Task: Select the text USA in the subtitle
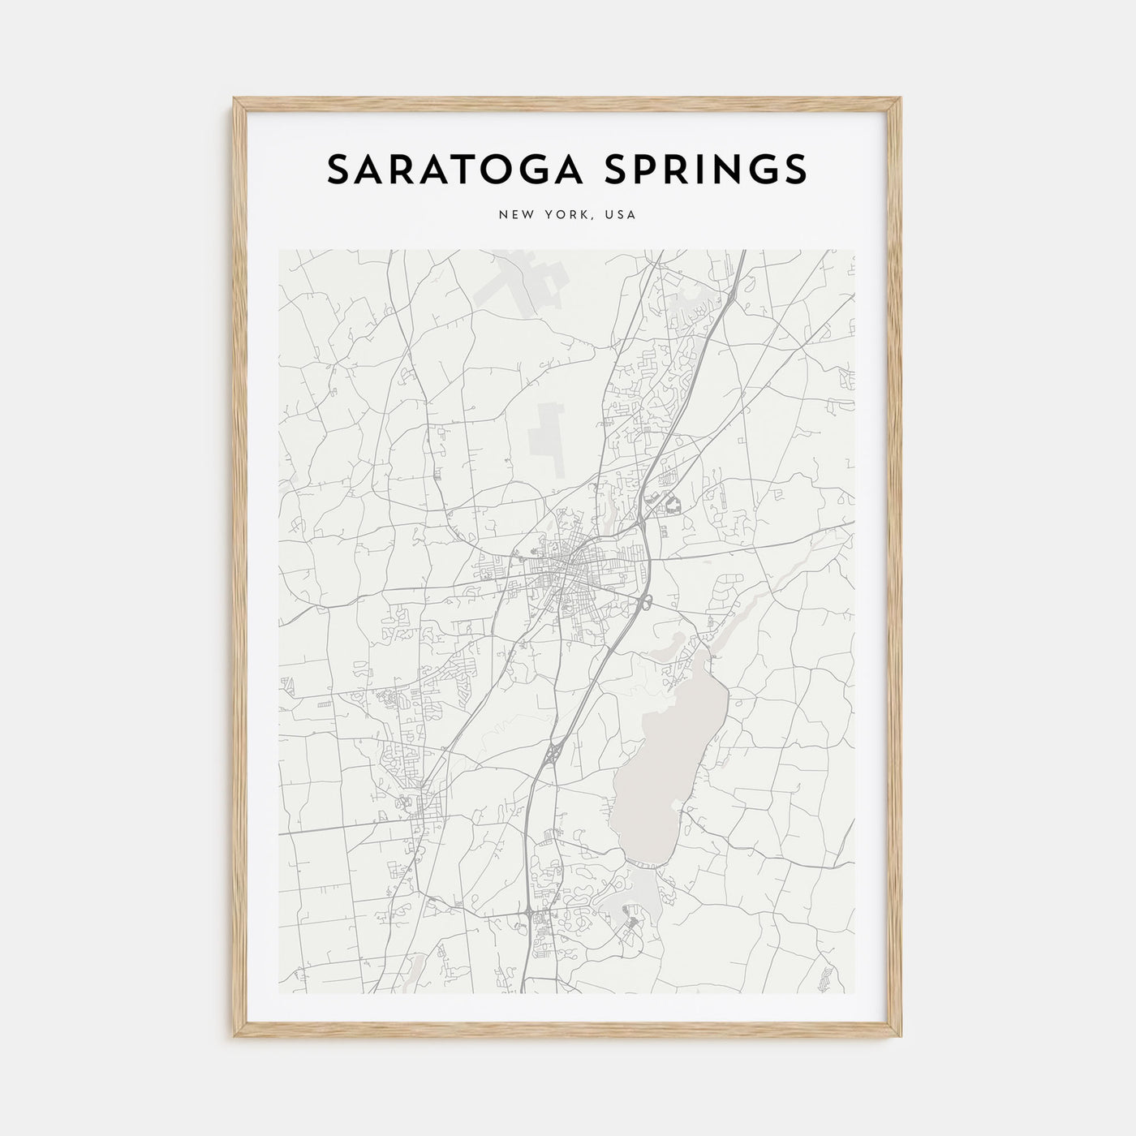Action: pos(621,215)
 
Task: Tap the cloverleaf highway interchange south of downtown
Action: pos(553,753)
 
